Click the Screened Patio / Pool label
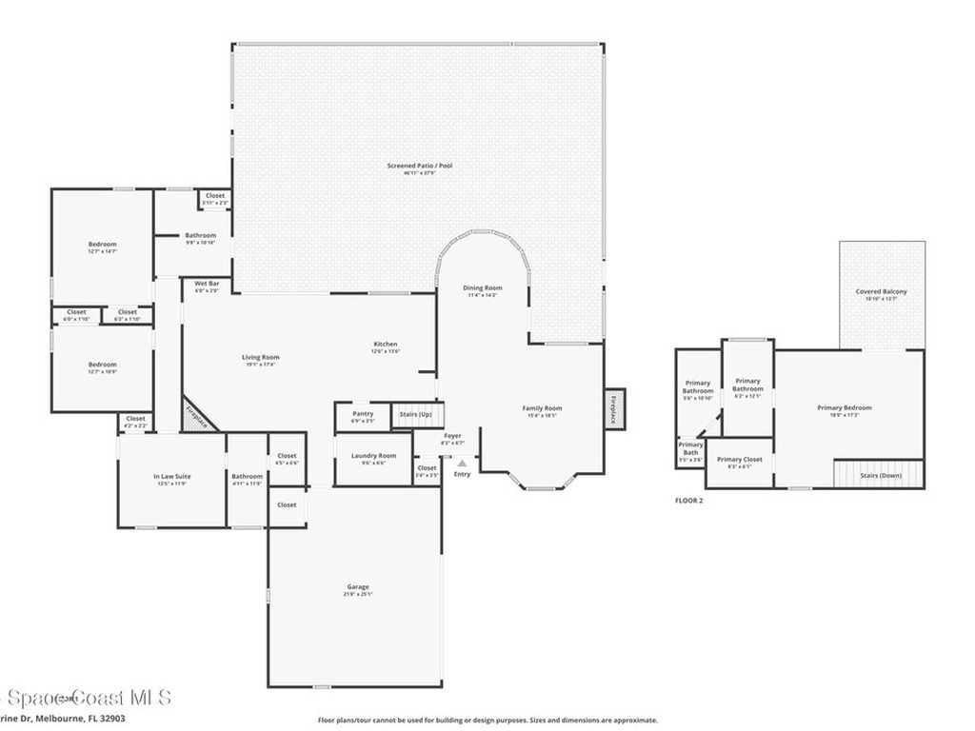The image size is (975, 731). (x=420, y=166)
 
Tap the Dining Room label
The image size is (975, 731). (x=482, y=287)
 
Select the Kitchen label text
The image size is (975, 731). (x=385, y=345)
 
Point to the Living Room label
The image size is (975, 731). (x=260, y=358)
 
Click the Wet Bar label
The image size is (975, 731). (x=207, y=284)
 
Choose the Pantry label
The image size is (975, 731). (x=363, y=414)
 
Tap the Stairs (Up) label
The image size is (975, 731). (x=415, y=415)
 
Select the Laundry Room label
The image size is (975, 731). (x=374, y=456)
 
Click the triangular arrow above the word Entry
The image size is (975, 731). (x=462, y=463)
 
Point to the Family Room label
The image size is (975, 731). (x=542, y=408)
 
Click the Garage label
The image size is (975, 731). (x=357, y=587)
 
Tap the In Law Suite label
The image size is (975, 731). (x=171, y=477)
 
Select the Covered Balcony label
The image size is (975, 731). (x=881, y=292)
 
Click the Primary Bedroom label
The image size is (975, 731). (x=844, y=408)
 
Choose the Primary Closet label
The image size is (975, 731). (x=740, y=460)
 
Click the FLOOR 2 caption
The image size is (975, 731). (x=688, y=500)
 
